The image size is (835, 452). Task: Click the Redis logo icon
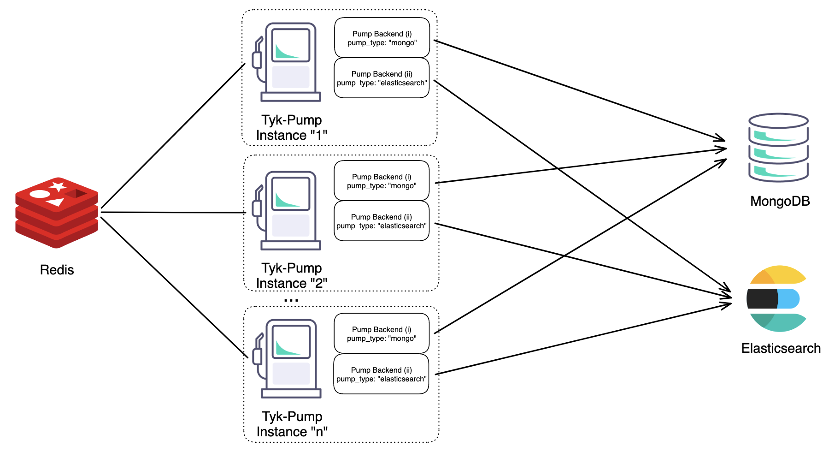(57, 213)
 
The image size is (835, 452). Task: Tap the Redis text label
(57, 270)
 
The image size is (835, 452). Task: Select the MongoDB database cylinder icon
(778, 148)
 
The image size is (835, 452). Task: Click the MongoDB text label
(780, 201)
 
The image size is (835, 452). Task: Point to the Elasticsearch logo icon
(776, 298)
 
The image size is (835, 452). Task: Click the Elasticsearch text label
(781, 348)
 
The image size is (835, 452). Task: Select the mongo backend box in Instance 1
(382, 38)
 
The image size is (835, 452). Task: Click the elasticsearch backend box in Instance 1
(382, 78)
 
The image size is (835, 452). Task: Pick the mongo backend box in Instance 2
(382, 181)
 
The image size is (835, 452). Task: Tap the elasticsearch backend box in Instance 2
(382, 221)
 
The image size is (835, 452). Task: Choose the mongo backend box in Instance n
(382, 333)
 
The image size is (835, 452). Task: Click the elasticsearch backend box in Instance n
(381, 374)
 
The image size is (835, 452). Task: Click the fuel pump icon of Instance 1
(287, 62)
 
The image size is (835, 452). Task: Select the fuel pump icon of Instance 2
(287, 211)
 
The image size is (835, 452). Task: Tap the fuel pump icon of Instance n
(287, 359)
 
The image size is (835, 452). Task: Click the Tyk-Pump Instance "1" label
(292, 127)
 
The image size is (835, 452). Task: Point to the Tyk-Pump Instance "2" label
(292, 275)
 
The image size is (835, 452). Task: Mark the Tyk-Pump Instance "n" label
(292, 424)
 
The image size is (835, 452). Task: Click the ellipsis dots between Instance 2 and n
(291, 300)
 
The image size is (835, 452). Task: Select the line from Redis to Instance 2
(173, 213)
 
